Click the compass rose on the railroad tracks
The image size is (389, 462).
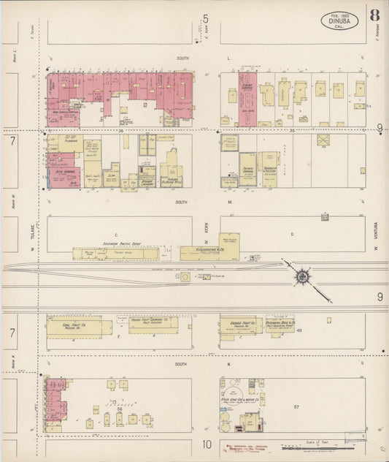301,276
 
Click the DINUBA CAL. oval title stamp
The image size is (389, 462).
339,20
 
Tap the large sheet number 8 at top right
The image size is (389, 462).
374,15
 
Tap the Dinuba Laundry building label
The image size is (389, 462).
147,181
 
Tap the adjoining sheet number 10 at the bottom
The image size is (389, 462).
207,444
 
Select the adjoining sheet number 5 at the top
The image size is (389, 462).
206,18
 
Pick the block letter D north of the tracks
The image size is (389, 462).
292,234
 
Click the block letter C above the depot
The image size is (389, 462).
117,234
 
